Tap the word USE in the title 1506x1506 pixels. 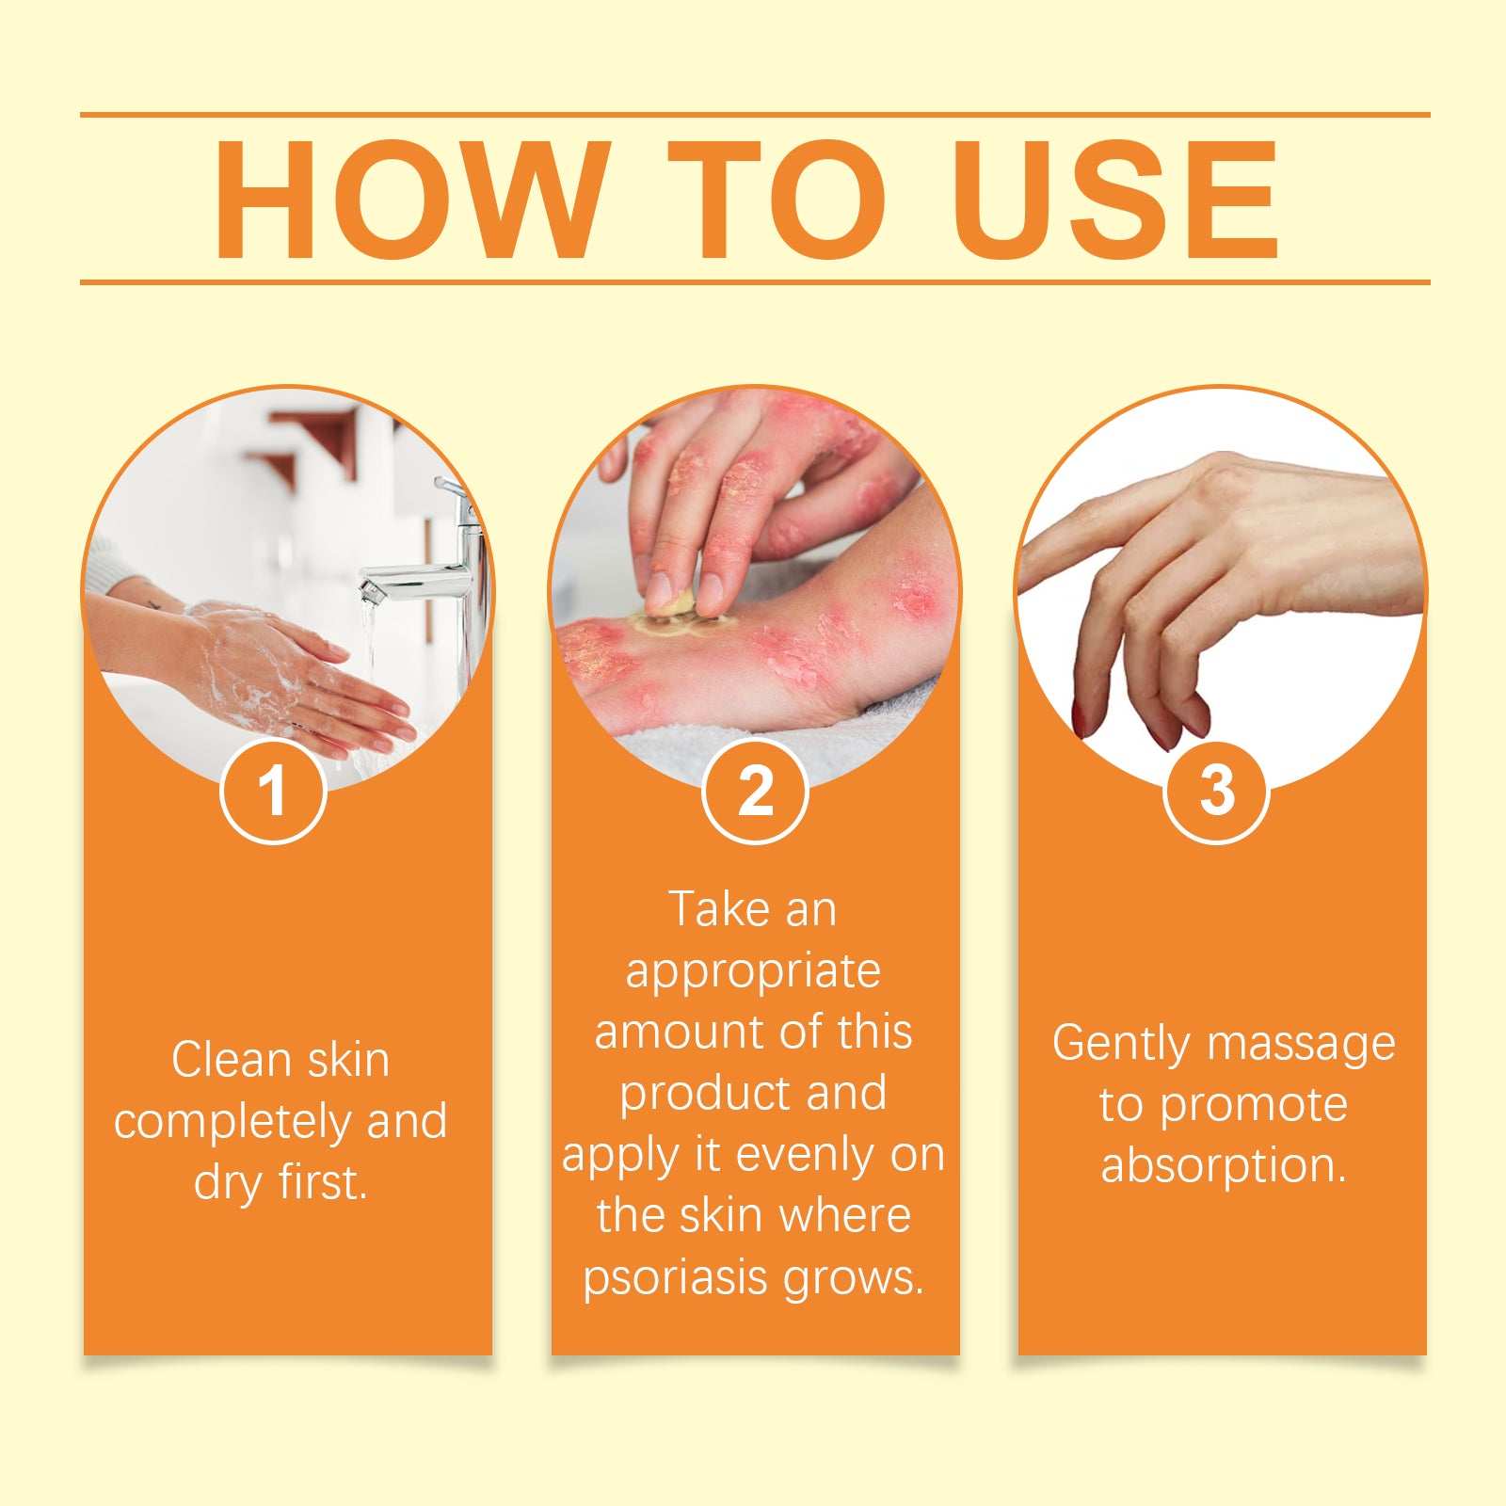pos(1114,199)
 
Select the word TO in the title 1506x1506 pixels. pos(777,199)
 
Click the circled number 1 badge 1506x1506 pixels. pos(273,791)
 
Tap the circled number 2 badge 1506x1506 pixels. pos(755,791)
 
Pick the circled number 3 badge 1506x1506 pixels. pos(1217,791)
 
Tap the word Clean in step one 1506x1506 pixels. pos(232,1060)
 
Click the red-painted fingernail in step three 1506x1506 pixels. pos(1078,720)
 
